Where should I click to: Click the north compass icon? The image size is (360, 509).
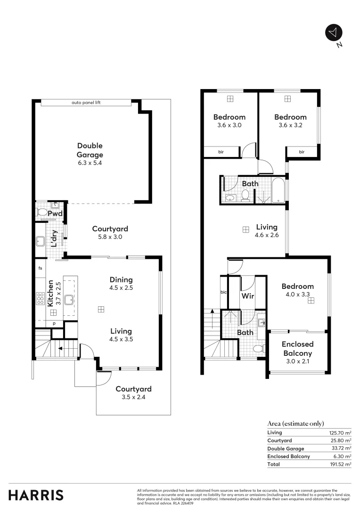point(334,33)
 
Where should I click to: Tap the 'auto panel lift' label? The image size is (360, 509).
point(86,102)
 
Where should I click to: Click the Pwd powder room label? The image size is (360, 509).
point(58,213)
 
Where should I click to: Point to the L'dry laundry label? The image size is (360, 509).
point(55,238)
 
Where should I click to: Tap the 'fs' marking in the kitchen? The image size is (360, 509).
point(41,268)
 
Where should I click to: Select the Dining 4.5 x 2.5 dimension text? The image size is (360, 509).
point(121,287)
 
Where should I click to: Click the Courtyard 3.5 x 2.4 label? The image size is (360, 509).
point(133,393)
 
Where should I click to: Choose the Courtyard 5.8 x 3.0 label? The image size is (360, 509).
point(110,233)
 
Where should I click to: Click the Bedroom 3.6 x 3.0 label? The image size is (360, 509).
point(229,121)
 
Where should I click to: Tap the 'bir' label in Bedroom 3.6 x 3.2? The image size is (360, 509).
point(302,152)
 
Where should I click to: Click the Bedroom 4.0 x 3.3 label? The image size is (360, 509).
point(298,290)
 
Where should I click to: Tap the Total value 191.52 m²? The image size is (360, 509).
point(340,464)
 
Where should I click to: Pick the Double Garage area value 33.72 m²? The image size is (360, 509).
point(340,449)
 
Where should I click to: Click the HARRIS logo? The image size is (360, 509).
point(36,495)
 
